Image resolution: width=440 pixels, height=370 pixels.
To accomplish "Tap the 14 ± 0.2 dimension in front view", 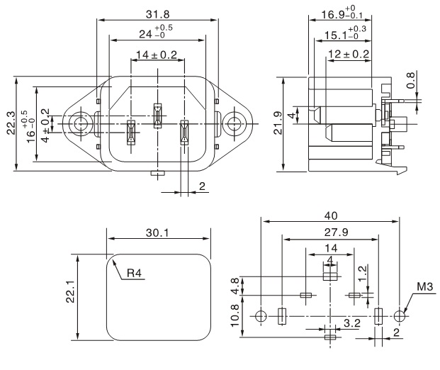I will point(157,55).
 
